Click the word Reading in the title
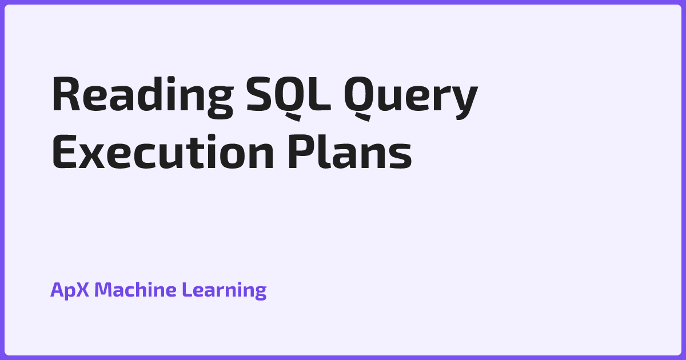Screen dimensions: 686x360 [143, 97]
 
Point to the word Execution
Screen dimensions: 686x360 [163, 152]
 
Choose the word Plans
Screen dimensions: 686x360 [350, 152]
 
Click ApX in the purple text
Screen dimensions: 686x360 [70, 290]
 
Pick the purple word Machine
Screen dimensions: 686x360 [135, 289]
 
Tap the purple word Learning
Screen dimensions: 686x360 [224, 290]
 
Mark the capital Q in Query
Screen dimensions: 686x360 [358, 98]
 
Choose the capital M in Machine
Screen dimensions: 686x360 [103, 289]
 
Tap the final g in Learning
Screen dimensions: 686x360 [260, 293]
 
